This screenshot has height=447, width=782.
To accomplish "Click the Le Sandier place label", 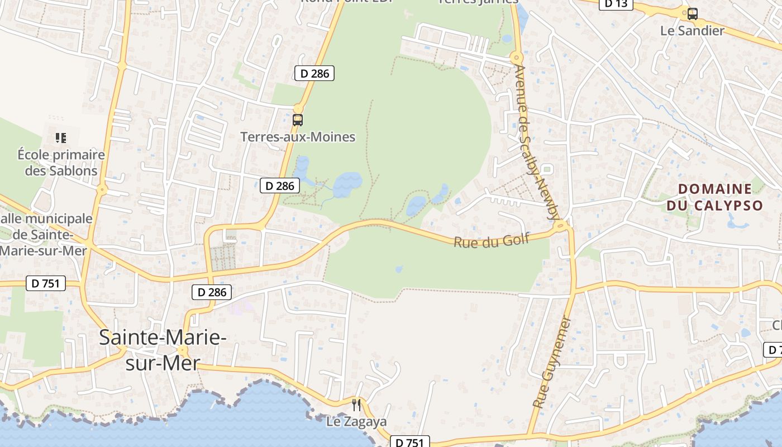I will pos(692,31).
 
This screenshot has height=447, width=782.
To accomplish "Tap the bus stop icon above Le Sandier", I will pos(693,14).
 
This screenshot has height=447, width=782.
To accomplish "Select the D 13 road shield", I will pos(616,4).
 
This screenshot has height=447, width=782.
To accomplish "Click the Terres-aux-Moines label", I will pos(298,137).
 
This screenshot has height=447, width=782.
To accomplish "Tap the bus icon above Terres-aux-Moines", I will pos(298,120).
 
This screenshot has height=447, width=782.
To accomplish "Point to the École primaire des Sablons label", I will pos(61,163).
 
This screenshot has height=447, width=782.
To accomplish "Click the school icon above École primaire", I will pos(61,137).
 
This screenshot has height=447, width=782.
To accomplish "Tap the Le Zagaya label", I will pos(356,422).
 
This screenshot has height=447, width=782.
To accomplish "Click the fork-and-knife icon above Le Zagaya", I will pos(356,405).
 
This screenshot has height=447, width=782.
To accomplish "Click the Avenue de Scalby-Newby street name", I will pos(536,142).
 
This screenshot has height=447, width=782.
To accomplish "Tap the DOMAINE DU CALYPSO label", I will pos(715,197).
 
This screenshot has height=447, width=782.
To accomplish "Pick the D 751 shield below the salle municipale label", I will pos(46,284).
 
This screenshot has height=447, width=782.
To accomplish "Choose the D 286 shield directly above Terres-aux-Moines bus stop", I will pos(314,73).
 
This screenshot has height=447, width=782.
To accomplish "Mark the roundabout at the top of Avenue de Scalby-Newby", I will pos(516,57).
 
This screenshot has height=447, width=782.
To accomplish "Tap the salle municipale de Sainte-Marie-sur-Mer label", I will pos(45,235).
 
